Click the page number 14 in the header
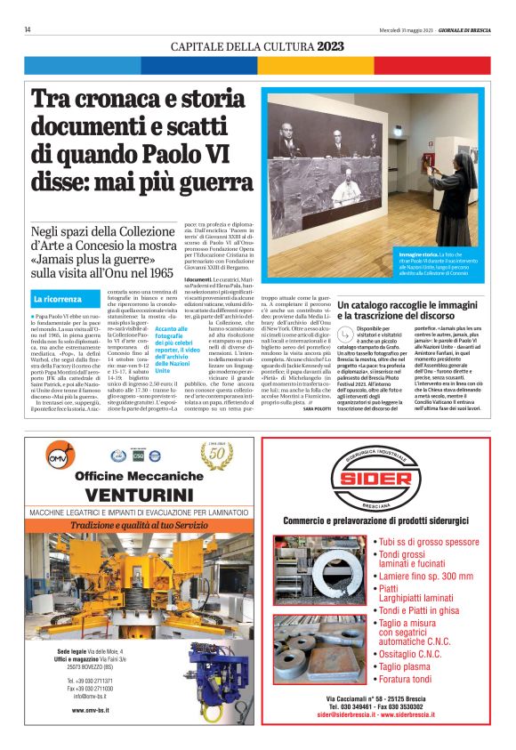(28, 29)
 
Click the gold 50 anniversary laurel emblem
(215, 455)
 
